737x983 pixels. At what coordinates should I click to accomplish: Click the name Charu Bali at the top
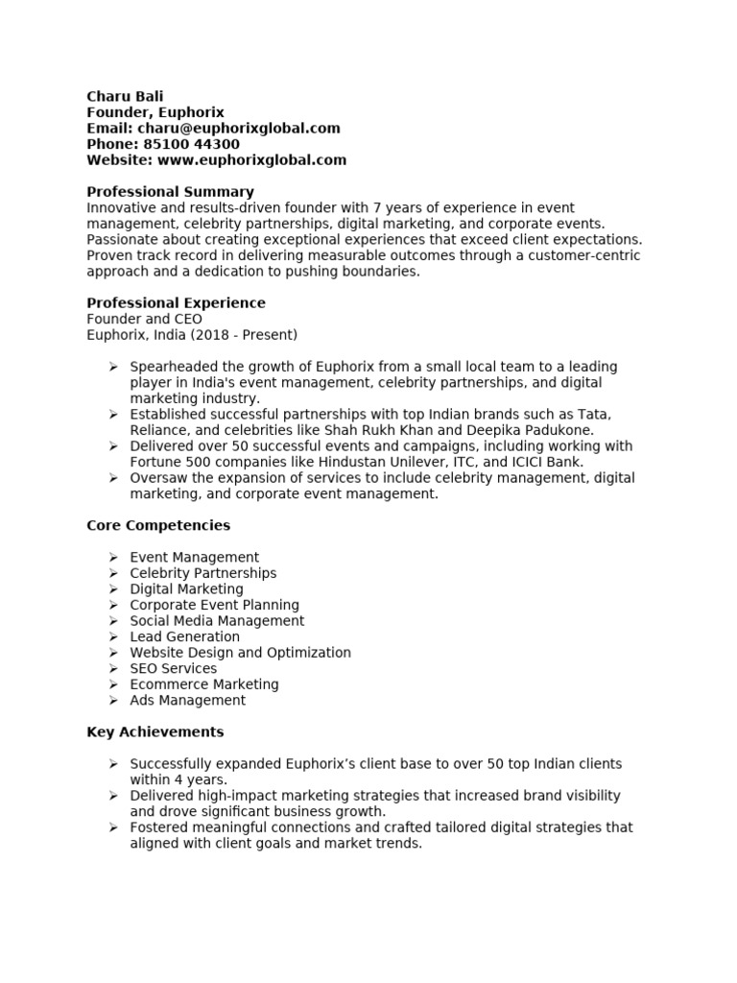[x=125, y=96]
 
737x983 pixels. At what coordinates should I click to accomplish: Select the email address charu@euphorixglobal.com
[x=238, y=129]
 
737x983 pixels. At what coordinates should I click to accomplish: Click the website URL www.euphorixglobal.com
[x=251, y=160]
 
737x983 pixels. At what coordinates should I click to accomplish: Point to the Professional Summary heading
[x=170, y=192]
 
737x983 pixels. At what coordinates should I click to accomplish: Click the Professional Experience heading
[x=176, y=303]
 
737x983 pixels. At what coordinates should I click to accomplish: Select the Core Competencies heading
[x=158, y=525]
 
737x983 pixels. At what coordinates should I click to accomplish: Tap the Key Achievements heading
[x=155, y=731]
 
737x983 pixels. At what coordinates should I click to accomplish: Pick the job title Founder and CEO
[x=144, y=319]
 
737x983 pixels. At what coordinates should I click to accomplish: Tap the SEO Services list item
[x=173, y=668]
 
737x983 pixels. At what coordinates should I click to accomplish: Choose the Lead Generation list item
[x=184, y=636]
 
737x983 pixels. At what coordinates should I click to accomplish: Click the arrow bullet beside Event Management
[x=112, y=557]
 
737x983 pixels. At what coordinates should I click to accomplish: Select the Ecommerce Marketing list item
[x=203, y=684]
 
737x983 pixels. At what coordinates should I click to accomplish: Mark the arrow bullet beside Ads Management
[x=112, y=700]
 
